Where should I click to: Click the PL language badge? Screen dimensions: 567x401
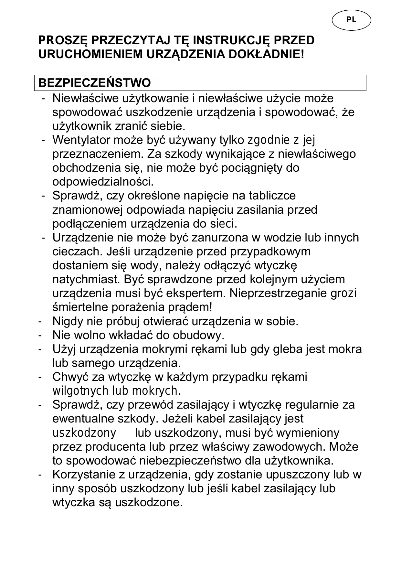351,20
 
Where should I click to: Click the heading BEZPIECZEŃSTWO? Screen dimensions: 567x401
94,83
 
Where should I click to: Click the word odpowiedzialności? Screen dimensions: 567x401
103,182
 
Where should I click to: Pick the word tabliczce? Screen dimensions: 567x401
272,196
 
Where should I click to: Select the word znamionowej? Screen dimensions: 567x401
88,210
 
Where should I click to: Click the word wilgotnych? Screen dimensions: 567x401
80,391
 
